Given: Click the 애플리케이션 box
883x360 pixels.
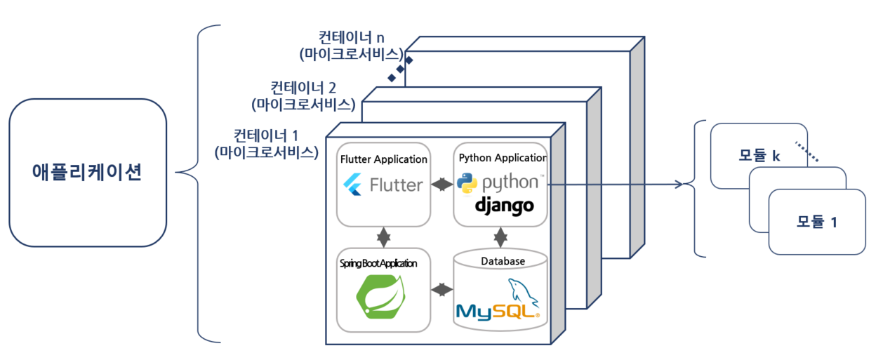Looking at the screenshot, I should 88,172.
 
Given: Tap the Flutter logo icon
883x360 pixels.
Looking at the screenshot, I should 352,185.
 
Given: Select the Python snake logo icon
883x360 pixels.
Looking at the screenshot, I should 467,182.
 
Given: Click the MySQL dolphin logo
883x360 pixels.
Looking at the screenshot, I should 523,293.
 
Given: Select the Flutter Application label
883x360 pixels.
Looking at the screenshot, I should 383,159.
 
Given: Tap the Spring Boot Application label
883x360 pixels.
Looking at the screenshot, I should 378,263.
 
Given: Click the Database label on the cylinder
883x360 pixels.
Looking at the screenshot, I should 503,261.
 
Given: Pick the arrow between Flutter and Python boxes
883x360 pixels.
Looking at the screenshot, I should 441,185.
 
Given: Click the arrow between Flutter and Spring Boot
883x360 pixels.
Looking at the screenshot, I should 383,237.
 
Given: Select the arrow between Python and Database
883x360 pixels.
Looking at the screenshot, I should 500,237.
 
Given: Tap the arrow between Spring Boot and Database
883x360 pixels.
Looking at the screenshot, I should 441,289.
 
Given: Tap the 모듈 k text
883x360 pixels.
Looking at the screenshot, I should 759,156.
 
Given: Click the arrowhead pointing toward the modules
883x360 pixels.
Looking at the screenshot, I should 678,185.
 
